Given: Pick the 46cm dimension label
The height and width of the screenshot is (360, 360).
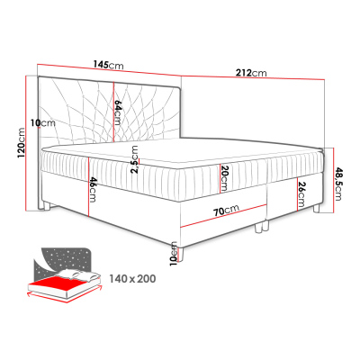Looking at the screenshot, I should coord(92,191).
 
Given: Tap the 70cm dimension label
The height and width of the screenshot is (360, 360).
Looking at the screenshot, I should coord(226,211).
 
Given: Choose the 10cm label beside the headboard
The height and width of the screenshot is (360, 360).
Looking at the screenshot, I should coord(37,123).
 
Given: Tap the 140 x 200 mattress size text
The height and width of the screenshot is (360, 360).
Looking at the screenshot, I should coord(130,279).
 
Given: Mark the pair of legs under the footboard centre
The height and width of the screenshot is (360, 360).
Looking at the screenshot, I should coord(262,227).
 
